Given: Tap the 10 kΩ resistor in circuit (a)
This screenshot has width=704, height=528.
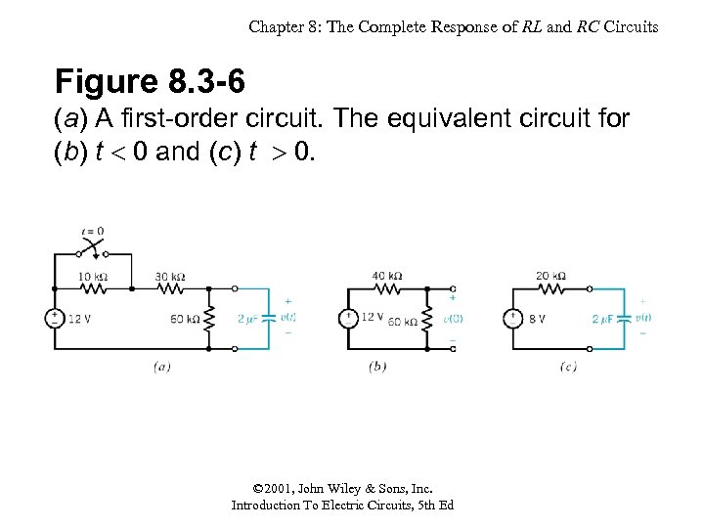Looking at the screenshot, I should pos(94,288).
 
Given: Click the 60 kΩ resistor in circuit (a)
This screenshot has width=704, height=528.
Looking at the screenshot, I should pos(207,319).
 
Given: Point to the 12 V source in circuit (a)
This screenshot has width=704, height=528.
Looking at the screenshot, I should pos(55,319).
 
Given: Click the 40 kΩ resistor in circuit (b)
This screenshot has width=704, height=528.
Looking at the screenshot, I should pos(387,288).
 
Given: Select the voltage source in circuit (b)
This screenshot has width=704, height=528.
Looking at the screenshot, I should pos(347,319).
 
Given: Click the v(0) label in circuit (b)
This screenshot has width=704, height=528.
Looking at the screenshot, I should pos(453,319).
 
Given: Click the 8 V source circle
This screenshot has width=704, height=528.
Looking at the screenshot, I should pos(510,319).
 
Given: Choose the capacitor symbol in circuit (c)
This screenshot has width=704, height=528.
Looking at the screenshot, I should pos(624,319).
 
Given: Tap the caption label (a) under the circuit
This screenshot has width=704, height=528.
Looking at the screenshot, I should pos(162,367).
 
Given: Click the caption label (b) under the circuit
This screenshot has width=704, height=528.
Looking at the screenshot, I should pos(377,367).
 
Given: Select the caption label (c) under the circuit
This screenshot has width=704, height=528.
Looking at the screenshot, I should pos(568,367).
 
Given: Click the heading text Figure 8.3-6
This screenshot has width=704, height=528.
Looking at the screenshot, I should pos(150,81).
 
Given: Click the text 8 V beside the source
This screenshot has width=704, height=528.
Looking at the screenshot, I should pos(538,319).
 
